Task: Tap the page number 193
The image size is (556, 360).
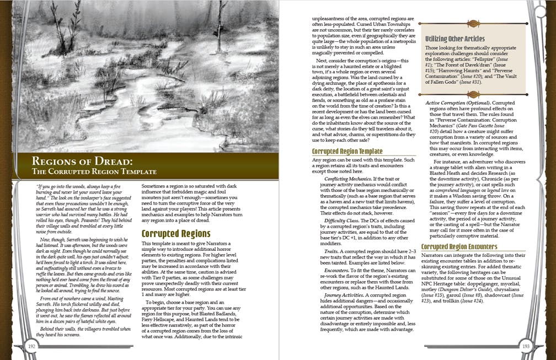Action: point(525,346)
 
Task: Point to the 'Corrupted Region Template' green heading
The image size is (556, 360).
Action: point(347,151)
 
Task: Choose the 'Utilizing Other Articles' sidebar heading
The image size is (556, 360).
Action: point(455,39)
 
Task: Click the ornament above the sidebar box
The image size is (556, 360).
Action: point(472,23)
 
